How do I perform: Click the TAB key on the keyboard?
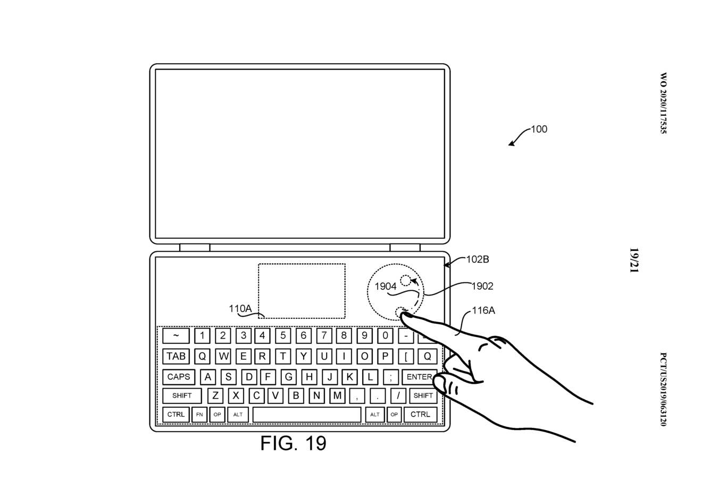click(176, 356)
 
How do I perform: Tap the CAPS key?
click(179, 376)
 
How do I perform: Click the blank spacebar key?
click(307, 415)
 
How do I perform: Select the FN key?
click(199, 415)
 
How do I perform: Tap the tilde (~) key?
click(176, 335)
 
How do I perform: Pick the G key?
click(289, 376)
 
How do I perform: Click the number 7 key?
click(324, 335)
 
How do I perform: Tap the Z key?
click(215, 396)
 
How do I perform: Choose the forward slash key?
click(398, 396)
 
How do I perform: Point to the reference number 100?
click(539, 129)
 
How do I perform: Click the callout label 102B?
click(478, 259)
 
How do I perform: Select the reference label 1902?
click(482, 286)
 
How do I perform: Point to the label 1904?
click(386, 287)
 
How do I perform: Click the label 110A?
click(240, 309)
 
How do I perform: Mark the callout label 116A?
click(483, 310)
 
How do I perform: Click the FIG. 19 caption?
click(294, 443)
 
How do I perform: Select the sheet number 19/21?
click(634, 260)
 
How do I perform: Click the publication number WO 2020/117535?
click(664, 103)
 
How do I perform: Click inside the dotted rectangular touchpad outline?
click(302, 291)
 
